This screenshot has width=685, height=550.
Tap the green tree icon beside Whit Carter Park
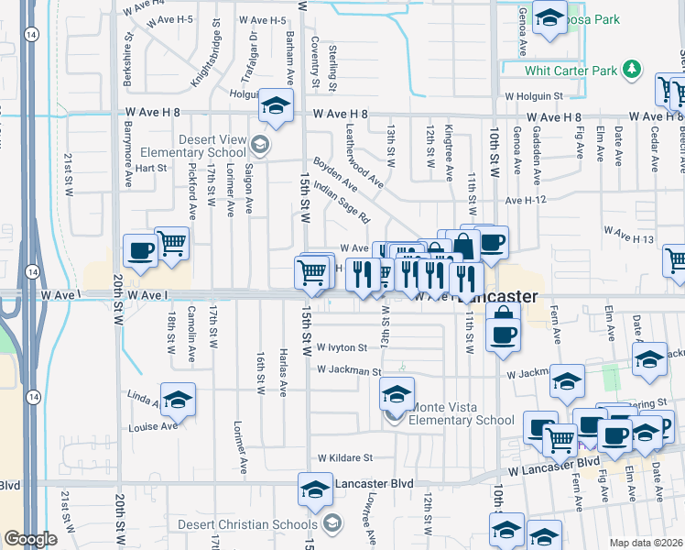630,70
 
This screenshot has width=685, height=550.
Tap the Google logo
31,539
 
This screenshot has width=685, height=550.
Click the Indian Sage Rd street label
341,203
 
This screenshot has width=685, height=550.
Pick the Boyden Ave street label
335,171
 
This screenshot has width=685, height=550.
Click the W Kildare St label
345,457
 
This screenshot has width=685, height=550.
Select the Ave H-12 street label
525,199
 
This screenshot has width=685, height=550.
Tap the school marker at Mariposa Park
549,18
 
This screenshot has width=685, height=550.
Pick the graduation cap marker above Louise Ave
179,401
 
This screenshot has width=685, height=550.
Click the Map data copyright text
647,543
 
